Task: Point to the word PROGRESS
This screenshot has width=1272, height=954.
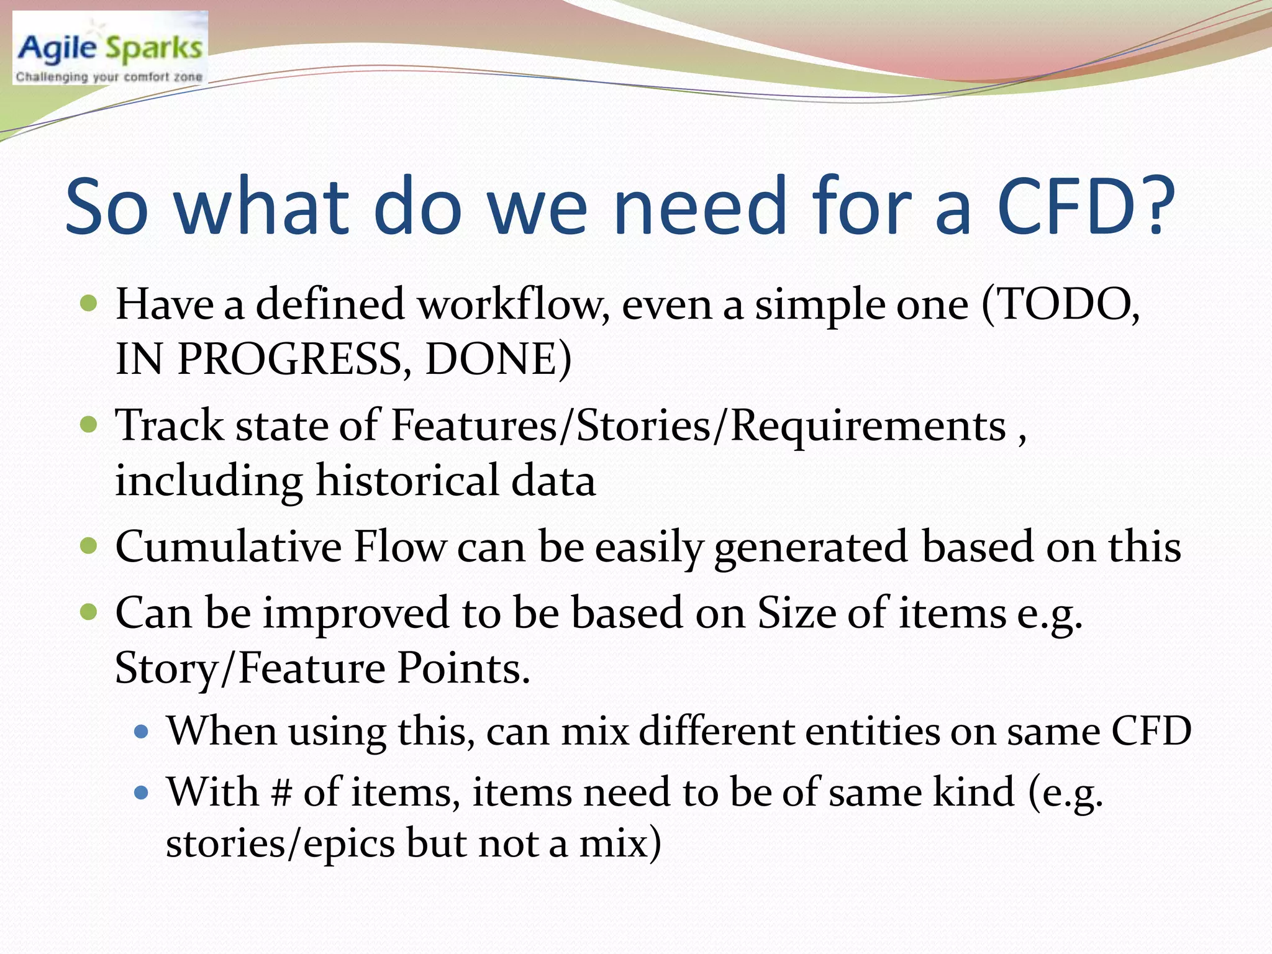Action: coord(289,360)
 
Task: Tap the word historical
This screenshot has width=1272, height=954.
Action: coord(407,481)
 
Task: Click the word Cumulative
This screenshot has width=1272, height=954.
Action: coord(229,547)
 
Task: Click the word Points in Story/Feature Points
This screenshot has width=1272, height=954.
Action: coord(463,668)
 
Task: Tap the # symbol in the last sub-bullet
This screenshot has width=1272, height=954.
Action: coord(281,793)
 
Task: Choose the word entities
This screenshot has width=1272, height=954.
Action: coord(872,731)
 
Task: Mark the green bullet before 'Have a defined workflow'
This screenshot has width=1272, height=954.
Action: coord(89,304)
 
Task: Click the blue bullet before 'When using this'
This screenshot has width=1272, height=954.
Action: coord(142,732)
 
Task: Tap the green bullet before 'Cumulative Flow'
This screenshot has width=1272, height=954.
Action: coord(89,547)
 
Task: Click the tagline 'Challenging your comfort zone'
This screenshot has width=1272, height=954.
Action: coord(109,77)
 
